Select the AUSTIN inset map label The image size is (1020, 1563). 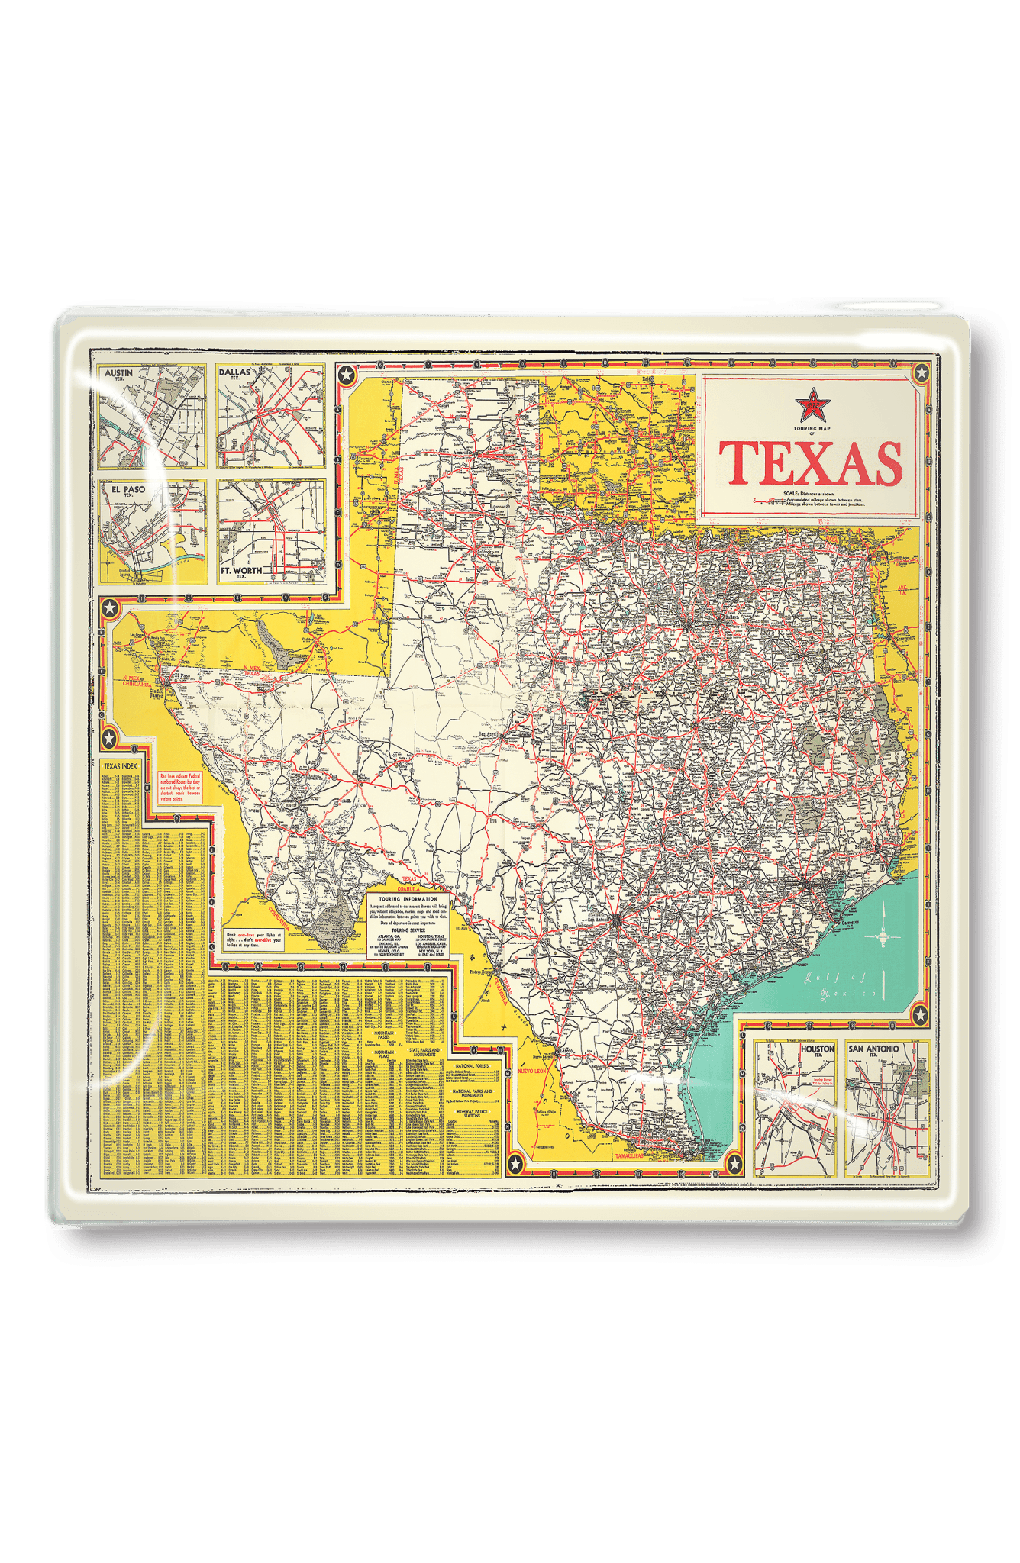click(118, 373)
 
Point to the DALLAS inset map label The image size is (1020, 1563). click(234, 372)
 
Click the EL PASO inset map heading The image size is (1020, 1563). click(127, 489)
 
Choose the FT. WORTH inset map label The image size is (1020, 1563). click(241, 571)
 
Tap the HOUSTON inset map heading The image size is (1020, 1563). click(817, 1049)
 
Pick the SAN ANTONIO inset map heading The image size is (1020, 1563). click(873, 1049)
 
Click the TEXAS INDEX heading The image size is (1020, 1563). click(121, 766)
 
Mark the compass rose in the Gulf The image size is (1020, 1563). click(883, 936)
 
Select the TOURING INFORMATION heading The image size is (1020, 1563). click(408, 899)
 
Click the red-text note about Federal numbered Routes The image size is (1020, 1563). click(180, 788)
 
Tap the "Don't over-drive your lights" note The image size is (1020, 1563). click(254, 939)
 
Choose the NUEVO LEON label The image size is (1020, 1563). click(532, 1072)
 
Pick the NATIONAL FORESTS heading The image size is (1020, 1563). click(472, 1065)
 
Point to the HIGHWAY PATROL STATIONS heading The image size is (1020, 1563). click(472, 1113)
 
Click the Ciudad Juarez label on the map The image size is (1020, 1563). click(156, 693)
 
